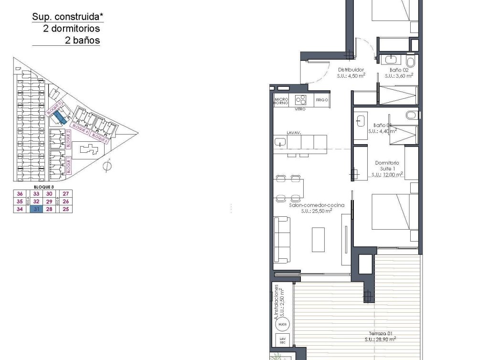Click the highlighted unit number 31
36,209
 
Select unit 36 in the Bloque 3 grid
20,194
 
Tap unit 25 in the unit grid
66,209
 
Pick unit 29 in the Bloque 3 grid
49,201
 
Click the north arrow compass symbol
107,166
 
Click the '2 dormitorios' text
72,29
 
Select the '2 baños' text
83,41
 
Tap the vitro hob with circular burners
301,100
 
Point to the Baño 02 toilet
410,63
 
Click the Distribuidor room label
351,70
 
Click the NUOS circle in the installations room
282,325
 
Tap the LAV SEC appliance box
281,341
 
